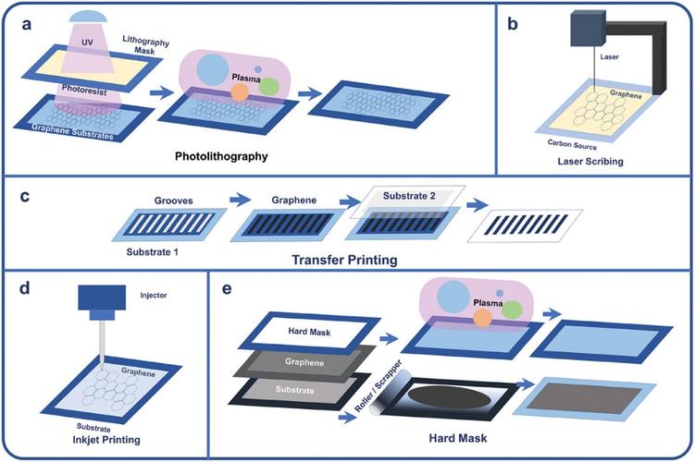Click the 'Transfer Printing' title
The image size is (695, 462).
click(x=345, y=261)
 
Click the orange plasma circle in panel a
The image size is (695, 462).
click(x=239, y=92)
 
